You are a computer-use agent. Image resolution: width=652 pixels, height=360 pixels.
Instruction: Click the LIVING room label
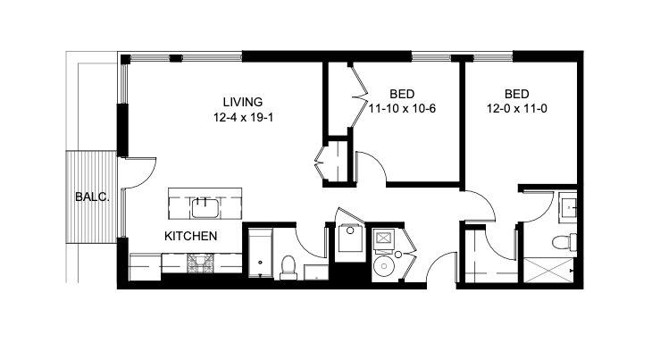(242, 102)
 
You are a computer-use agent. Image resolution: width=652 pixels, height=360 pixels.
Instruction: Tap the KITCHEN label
(190, 237)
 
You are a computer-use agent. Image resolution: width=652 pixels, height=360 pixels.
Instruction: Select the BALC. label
(91, 197)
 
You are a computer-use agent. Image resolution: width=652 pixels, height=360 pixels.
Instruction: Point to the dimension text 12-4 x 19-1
(242, 118)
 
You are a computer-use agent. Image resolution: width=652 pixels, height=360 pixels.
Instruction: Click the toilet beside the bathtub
(288, 265)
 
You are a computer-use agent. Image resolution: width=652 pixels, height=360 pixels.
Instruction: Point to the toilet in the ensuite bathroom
(564, 242)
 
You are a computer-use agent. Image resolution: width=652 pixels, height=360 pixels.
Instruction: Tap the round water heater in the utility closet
(384, 267)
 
